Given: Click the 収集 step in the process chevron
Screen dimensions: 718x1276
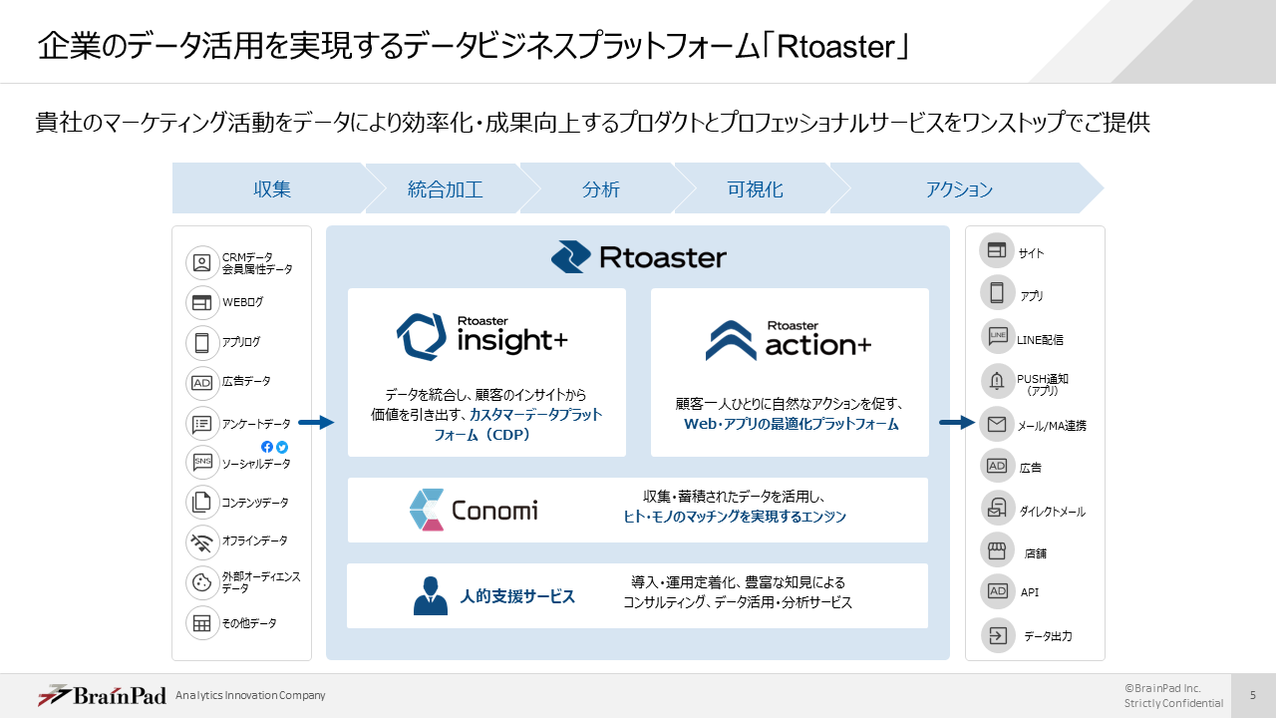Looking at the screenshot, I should pyautogui.click(x=271, y=189).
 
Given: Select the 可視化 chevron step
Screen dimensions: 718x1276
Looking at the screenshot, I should pyautogui.click(x=755, y=189).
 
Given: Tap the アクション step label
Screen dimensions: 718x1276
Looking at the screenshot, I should pyautogui.click(x=959, y=189).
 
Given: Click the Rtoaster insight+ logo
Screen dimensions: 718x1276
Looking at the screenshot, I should pyautogui.click(x=482, y=336).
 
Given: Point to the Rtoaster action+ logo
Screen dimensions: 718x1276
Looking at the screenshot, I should pyautogui.click(x=789, y=340).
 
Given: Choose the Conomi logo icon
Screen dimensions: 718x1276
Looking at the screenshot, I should pyautogui.click(x=427, y=510).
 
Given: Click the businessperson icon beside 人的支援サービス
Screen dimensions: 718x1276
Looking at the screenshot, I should pyautogui.click(x=430, y=595).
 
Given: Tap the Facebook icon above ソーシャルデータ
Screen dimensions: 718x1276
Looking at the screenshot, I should pyautogui.click(x=267, y=447).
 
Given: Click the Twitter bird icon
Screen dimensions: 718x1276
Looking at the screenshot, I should pyautogui.click(x=282, y=447).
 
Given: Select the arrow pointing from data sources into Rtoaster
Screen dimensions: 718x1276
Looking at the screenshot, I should pyautogui.click(x=316, y=423).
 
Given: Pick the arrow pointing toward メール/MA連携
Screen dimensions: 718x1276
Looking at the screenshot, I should pyautogui.click(x=956, y=423).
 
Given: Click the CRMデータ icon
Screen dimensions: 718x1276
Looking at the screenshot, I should pyautogui.click(x=202, y=263).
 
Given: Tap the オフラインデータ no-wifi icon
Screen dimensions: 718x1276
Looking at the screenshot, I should pyautogui.click(x=202, y=541).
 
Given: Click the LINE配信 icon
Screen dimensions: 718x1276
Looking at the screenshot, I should pyautogui.click(x=997, y=336).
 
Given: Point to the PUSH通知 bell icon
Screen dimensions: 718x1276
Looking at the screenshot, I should pyautogui.click(x=997, y=380).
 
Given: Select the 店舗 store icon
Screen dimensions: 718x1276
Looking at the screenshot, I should pyautogui.click(x=997, y=549).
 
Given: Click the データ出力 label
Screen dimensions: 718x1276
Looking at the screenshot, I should pyautogui.click(x=1048, y=636).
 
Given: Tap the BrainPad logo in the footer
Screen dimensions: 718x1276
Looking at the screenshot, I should pyautogui.click(x=102, y=695).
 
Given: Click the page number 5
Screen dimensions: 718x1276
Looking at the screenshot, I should pyautogui.click(x=1253, y=695).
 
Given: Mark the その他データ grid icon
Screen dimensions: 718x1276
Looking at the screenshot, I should pyautogui.click(x=202, y=623).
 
